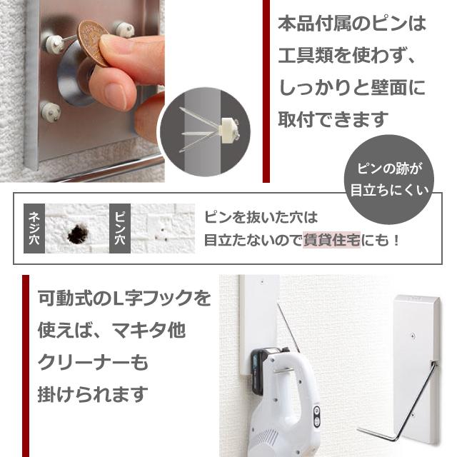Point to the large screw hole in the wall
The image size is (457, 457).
click(x=75, y=232)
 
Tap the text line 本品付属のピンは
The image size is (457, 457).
click(x=351, y=24)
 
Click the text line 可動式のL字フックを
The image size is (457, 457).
click(x=125, y=298)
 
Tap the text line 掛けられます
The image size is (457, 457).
click(x=94, y=393)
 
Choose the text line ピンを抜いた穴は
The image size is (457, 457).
click(x=261, y=216)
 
